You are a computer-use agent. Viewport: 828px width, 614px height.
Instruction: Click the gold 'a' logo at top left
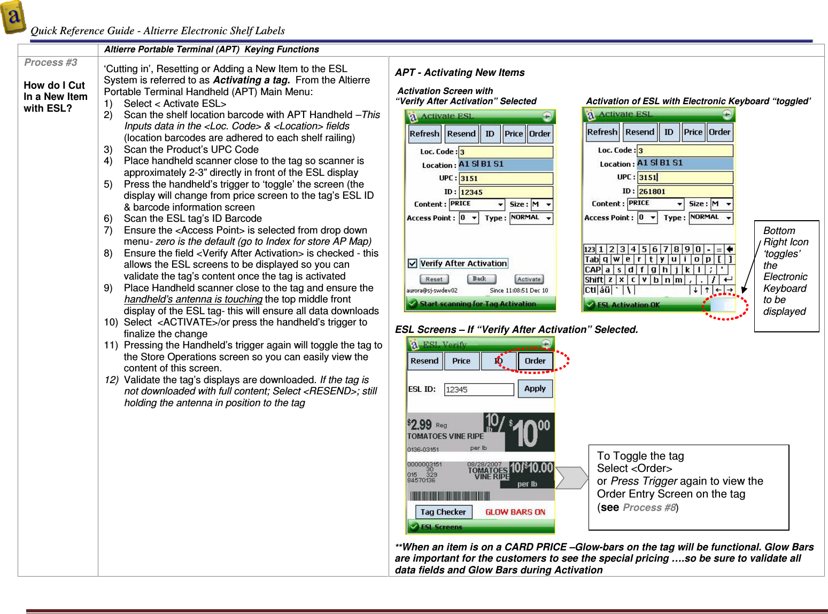point(13,17)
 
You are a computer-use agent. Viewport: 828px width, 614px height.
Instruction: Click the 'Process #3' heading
point(51,63)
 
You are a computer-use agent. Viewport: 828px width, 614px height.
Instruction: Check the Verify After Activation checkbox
point(413,263)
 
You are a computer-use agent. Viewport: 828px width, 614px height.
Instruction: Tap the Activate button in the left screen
point(529,279)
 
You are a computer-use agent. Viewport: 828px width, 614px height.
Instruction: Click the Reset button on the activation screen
point(434,279)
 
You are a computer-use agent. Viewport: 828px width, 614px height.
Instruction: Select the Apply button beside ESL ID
point(535,388)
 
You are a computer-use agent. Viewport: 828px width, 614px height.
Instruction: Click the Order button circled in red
point(535,361)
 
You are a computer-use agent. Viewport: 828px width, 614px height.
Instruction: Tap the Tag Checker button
point(443,512)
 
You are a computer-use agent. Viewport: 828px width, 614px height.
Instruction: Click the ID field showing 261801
point(685,191)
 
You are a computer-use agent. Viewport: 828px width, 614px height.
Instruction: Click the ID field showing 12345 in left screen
point(506,192)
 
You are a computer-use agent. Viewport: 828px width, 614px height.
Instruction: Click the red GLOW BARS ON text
point(515,512)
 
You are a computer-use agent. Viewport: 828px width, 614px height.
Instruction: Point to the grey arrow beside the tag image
point(571,478)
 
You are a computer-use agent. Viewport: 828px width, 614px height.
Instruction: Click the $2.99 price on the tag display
point(420,425)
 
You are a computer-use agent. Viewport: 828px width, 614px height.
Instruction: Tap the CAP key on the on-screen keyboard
point(592,270)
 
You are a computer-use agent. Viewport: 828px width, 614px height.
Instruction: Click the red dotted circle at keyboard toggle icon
point(725,306)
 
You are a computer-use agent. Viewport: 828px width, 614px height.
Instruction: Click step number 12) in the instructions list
point(111,380)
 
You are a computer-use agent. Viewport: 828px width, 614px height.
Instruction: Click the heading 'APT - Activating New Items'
point(460,73)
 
